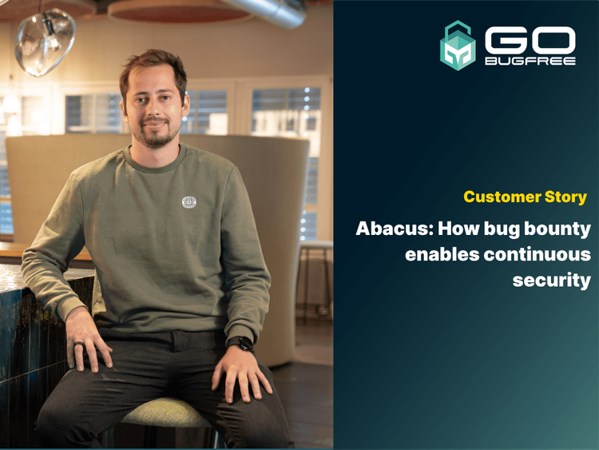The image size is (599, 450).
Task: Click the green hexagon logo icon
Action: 458,45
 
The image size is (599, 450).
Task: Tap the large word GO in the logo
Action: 530,39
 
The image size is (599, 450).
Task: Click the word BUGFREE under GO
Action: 530,61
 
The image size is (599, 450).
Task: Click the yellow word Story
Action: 565,197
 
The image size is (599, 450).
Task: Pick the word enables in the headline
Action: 438,255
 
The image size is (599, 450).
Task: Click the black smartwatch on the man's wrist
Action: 240,344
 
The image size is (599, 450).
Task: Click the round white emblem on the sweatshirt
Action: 189,202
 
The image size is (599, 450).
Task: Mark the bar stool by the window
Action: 316,272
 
